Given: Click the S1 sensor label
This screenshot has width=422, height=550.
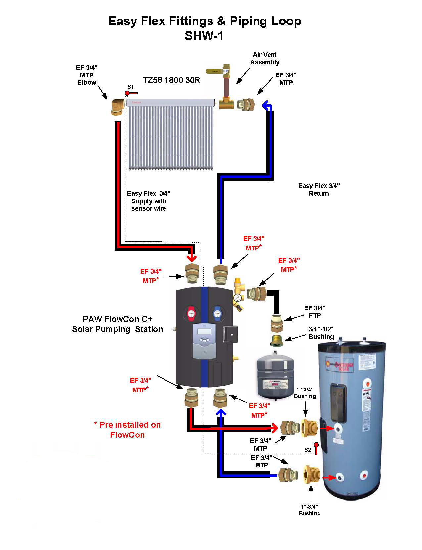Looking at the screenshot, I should coord(130,87).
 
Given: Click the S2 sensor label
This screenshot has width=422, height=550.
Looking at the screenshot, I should coord(308,450).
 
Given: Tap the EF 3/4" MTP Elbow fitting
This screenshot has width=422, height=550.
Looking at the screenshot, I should coord(117,107).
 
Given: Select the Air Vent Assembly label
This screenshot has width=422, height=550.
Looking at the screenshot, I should coord(265,58).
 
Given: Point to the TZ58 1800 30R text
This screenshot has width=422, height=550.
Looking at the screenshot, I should coord(171,80).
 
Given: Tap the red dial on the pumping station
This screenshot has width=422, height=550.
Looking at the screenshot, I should coord(191,313).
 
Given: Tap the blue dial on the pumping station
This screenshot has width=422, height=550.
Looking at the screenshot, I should coord(217,313).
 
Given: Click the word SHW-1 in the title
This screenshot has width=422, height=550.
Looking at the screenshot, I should coord(204,36).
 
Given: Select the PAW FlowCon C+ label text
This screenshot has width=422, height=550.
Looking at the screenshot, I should coord(117,324).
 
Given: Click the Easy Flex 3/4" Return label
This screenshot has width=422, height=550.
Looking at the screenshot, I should coord(319,189).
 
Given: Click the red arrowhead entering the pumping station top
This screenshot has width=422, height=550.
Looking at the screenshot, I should coord(191,257).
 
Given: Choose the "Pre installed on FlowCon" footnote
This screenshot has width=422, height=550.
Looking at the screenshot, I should coord(127,430).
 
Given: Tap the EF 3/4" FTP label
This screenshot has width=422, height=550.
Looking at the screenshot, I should coord(315,312).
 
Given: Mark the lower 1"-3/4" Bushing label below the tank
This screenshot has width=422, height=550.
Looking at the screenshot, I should coord(309,510).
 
